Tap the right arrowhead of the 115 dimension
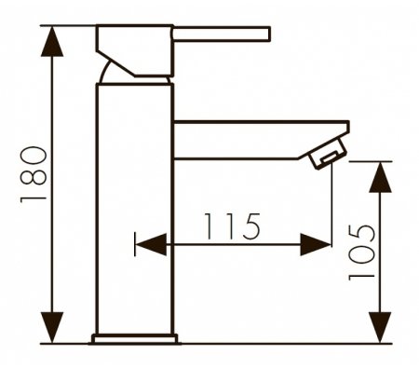[x=318, y=245]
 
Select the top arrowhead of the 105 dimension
[x=378, y=178]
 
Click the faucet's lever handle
[x=223, y=34]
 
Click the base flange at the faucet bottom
[x=135, y=337]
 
